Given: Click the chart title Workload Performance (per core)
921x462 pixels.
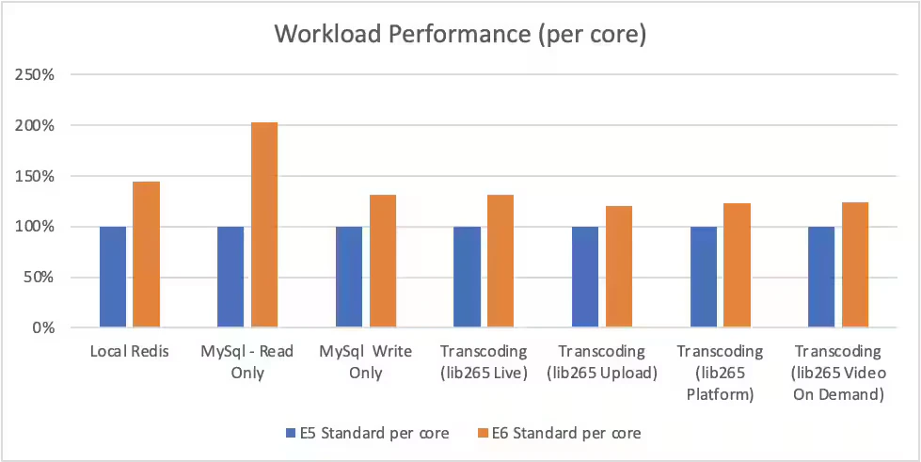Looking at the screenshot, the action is click(x=460, y=34).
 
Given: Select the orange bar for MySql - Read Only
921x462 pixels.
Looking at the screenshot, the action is click(x=264, y=225).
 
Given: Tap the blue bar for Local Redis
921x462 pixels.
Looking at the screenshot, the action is click(x=113, y=277).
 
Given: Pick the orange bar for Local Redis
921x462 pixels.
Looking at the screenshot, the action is click(x=146, y=254).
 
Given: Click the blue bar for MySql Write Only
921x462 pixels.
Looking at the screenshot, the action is click(x=349, y=277).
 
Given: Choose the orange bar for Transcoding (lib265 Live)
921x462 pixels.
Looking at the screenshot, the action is click(x=500, y=261).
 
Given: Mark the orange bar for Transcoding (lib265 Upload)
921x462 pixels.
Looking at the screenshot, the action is click(x=618, y=267).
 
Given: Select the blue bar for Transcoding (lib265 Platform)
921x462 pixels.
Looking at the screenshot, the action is click(x=704, y=277).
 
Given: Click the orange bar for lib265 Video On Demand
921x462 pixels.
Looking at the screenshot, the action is click(x=854, y=264).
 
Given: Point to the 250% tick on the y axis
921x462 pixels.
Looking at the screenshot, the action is click(x=39, y=75).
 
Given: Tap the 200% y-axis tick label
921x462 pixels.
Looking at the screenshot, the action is click(x=39, y=126).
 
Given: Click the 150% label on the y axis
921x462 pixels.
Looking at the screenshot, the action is click(x=39, y=176).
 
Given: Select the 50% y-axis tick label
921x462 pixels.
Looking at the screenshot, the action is click(x=41, y=278).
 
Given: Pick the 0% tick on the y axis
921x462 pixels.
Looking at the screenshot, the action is click(x=45, y=328).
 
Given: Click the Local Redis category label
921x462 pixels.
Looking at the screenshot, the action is click(x=130, y=352).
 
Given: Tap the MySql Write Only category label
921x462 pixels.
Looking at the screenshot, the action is click(x=366, y=362).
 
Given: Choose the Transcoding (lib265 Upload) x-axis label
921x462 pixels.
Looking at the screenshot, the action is click(x=603, y=362).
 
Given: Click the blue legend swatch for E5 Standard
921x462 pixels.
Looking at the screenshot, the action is click(x=290, y=434).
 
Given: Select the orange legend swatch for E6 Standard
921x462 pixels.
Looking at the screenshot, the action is click(x=483, y=434).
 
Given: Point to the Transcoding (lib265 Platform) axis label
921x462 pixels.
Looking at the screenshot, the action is click(x=721, y=373).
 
